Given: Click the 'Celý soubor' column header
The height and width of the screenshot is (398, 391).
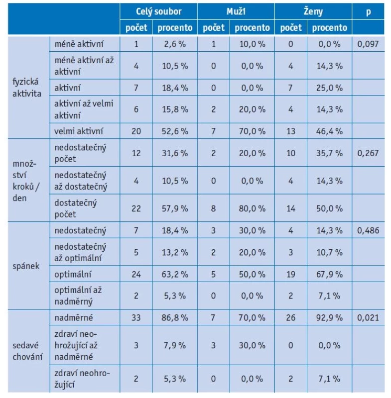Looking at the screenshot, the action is click(158, 11).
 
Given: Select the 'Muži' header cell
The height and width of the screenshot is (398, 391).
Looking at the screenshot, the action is click(236, 11).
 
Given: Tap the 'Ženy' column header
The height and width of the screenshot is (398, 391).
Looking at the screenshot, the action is click(313, 11).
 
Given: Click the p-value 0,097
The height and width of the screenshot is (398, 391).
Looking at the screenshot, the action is click(368, 44).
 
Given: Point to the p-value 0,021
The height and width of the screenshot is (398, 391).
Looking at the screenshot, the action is click(368, 317).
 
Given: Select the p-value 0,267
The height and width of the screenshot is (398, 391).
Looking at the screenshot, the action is click(368, 153).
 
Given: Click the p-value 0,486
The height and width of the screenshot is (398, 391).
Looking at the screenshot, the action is click(368, 230).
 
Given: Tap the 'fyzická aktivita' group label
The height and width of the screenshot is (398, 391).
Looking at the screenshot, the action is click(27, 88).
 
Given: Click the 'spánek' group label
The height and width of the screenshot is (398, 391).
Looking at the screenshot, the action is click(26, 266).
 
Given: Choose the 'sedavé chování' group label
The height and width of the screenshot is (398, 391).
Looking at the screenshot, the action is click(27, 351).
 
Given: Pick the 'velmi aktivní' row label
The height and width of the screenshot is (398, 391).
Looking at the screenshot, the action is click(79, 131).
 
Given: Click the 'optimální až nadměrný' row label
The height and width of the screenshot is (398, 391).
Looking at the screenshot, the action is click(78, 296).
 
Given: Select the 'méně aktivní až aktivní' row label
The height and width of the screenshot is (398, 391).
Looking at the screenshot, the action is click(84, 66).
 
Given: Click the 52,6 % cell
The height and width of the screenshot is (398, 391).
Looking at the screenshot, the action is click(175, 131).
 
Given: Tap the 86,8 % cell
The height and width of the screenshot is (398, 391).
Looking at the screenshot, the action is click(175, 317).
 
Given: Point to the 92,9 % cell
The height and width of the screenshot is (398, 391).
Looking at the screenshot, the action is click(330, 317).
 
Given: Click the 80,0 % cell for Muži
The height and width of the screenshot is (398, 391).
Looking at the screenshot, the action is click(252, 208).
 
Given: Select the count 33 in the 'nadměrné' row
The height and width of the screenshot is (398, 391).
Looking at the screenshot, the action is click(136, 317).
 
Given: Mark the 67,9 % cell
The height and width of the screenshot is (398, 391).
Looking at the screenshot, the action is click(330, 275).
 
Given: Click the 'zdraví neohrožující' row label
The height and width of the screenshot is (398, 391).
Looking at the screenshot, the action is click(82, 379).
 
